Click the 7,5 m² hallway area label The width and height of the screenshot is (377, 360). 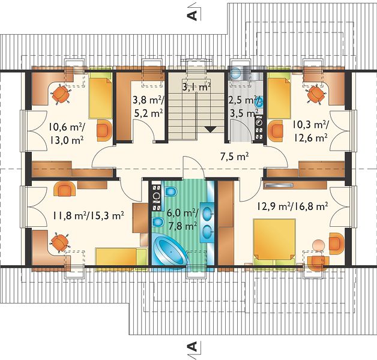click(234, 157)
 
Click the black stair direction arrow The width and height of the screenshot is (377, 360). click(211, 130)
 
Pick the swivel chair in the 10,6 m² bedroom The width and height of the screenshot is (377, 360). click(61, 94)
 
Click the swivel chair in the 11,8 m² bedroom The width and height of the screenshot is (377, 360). click(59, 242)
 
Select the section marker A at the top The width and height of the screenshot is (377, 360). click(192, 15)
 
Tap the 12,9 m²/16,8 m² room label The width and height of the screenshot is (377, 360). click(292, 206)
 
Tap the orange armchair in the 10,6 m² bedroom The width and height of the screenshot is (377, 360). click(104, 130)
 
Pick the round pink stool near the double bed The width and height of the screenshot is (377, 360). click(318, 245)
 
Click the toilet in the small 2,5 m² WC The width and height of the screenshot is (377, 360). click(235, 73)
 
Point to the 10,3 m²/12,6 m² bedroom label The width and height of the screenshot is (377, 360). click(309, 131)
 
